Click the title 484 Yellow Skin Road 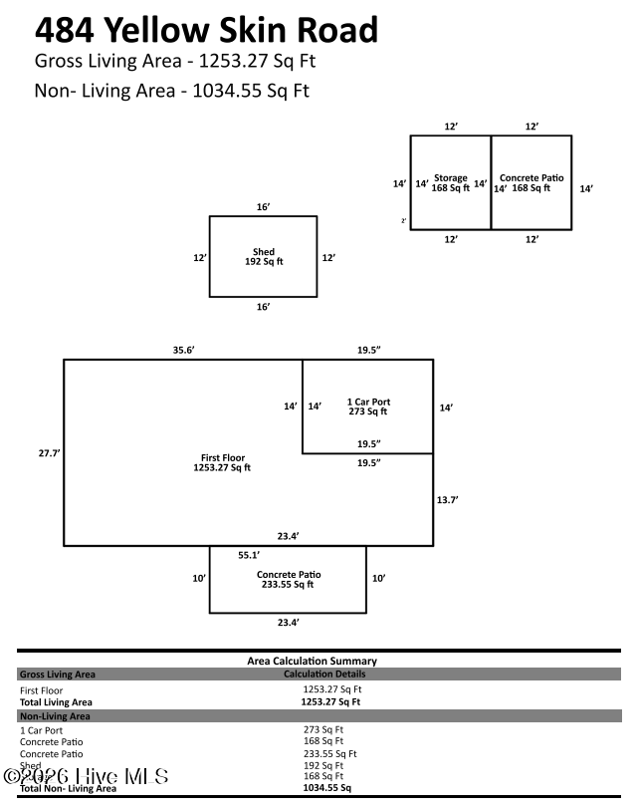[x=206, y=30]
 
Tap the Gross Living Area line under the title [x=174, y=62]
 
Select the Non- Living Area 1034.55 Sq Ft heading [x=171, y=91]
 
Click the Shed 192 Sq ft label [x=263, y=257]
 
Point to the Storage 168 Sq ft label [x=450, y=183]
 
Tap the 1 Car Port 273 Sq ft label [x=367, y=406]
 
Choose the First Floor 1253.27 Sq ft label [x=222, y=462]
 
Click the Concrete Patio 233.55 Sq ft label [x=288, y=580]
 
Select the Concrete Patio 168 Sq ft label [x=531, y=183]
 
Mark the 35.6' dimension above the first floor [x=183, y=350]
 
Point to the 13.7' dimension [x=448, y=499]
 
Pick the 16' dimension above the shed [x=263, y=206]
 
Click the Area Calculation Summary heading [x=312, y=661]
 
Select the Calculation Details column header [x=324, y=675]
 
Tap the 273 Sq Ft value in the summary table [x=323, y=730]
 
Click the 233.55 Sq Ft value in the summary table [x=329, y=753]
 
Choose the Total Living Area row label [x=56, y=702]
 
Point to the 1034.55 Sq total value [x=326, y=787]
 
